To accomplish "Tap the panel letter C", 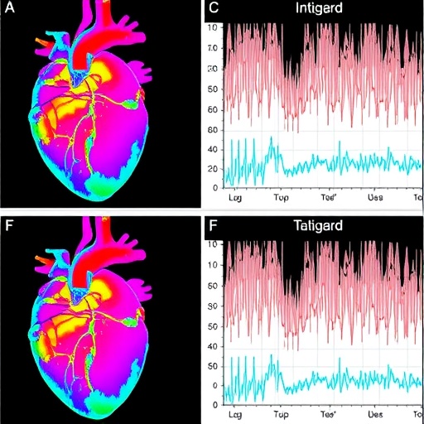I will [213, 9].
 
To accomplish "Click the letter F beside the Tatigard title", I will [213, 224].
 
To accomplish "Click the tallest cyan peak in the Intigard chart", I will [272, 138].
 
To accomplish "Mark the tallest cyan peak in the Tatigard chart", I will [271, 356].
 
